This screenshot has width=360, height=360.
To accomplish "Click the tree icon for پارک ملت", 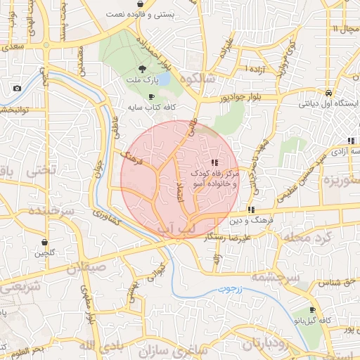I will coord(143,69).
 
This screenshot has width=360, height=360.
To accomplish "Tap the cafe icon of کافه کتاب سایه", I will coord(152,97).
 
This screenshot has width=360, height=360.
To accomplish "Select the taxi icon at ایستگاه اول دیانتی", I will coord(329,93).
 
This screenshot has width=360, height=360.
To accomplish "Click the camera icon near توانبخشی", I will coord(17,89).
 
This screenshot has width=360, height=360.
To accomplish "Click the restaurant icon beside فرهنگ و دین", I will coord(251,210).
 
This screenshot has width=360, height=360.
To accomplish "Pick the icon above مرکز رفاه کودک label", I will coord(214,162).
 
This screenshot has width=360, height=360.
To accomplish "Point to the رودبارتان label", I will coord(268,345).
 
